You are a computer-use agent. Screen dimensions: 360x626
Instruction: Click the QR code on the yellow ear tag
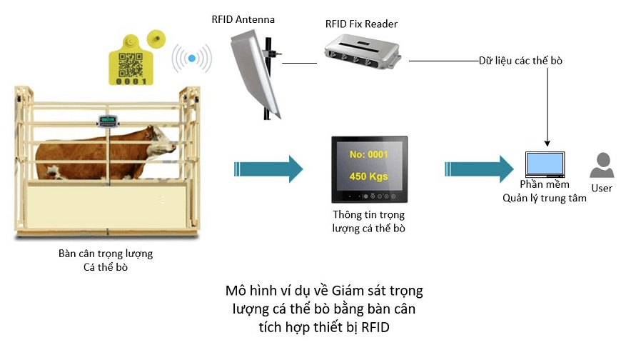click(x=131, y=64)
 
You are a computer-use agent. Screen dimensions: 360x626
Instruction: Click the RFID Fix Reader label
click(x=361, y=24)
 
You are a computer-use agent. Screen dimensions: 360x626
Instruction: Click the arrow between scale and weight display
click(x=268, y=169)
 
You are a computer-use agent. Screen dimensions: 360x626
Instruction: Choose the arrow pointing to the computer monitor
click(x=478, y=169)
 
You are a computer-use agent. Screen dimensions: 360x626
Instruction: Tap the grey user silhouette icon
click(x=601, y=166)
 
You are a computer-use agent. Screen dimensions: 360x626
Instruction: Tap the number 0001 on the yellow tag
click(x=132, y=81)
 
